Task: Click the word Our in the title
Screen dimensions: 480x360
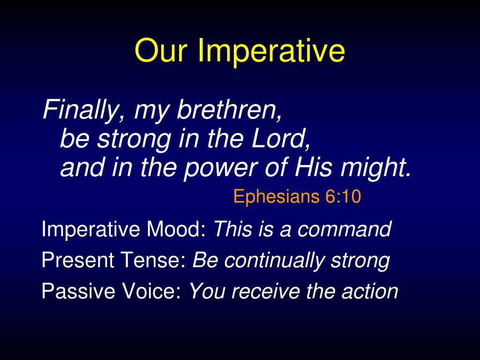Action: point(160,50)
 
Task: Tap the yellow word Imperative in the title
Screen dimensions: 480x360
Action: point(271,52)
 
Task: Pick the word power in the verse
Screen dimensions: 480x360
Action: point(220,169)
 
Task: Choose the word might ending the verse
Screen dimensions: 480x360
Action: point(375,168)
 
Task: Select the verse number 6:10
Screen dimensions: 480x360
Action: point(343,196)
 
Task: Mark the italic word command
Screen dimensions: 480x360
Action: point(345,229)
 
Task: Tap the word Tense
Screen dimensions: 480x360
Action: point(154,260)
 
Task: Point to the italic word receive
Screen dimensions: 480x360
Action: point(266,291)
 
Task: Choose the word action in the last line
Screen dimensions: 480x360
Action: point(370,291)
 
